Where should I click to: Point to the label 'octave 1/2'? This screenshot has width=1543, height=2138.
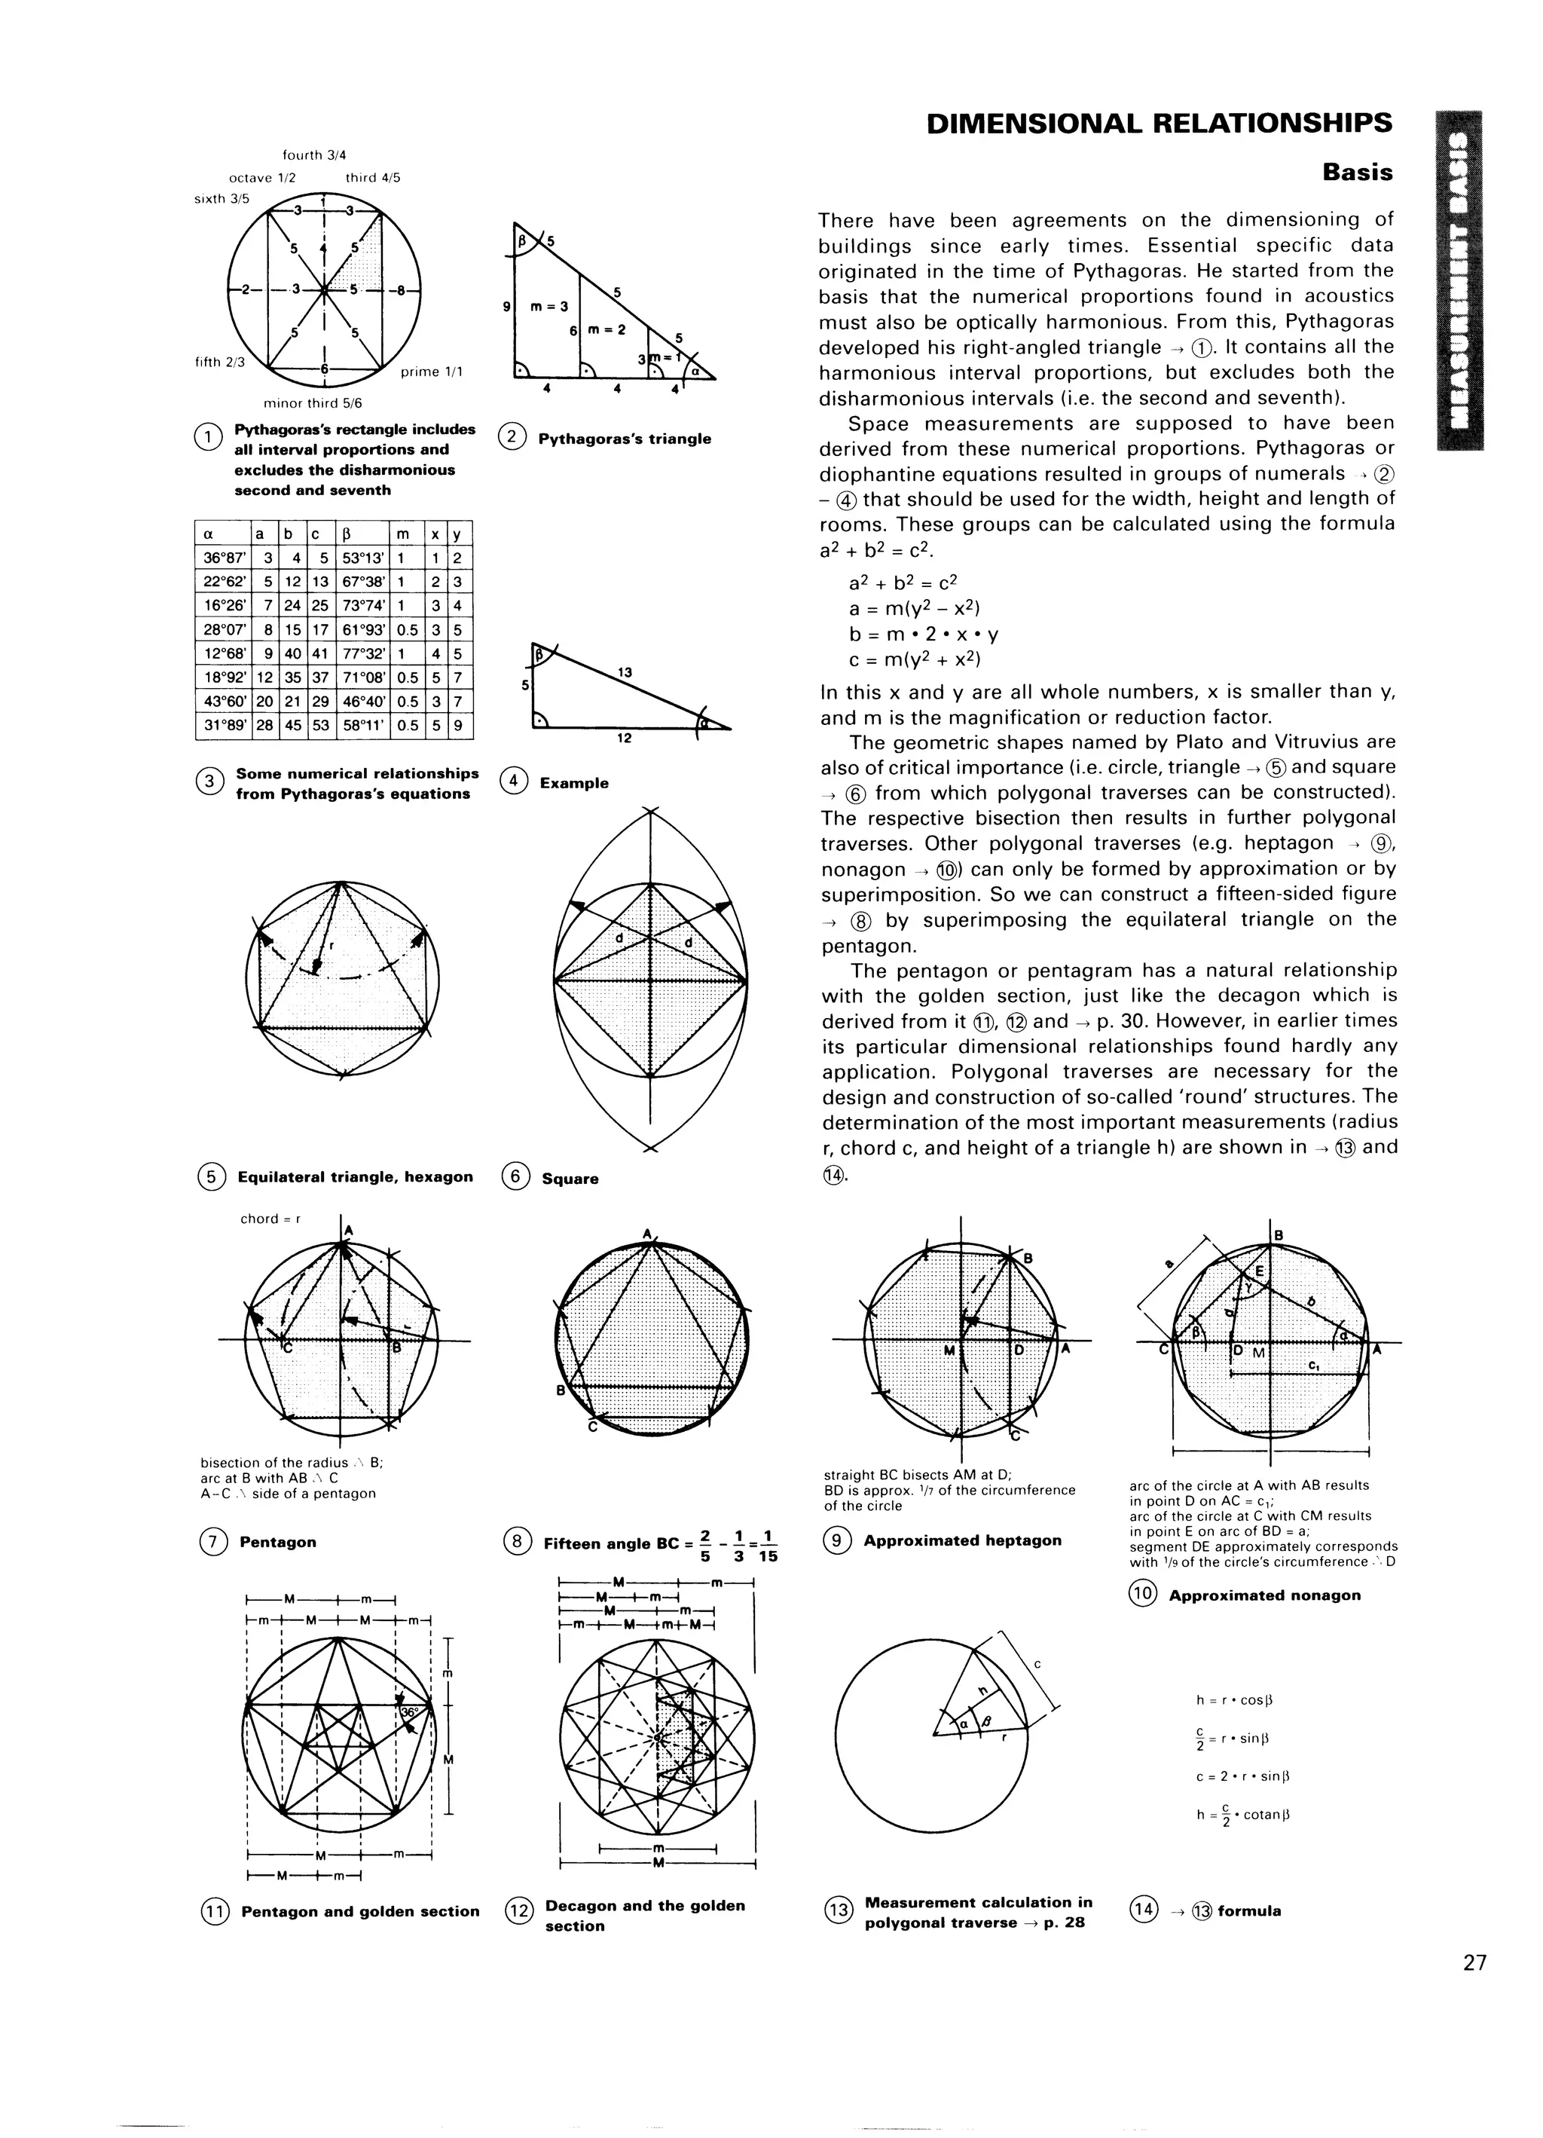click(x=262, y=177)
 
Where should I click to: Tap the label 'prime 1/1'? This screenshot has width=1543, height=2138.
click(x=432, y=372)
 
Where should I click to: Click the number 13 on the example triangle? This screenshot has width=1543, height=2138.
click(x=624, y=673)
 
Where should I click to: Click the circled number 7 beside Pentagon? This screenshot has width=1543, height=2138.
click(x=211, y=1542)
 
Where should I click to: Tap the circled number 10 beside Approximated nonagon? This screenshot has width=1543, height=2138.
click(x=1141, y=1594)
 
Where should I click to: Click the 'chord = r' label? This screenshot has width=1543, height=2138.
click(x=270, y=1219)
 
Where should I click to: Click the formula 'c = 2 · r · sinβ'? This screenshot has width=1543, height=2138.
click(x=1242, y=1777)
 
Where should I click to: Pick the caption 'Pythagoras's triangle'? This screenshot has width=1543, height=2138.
click(x=624, y=439)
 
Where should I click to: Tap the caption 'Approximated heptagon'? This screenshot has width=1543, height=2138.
click(x=961, y=1540)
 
